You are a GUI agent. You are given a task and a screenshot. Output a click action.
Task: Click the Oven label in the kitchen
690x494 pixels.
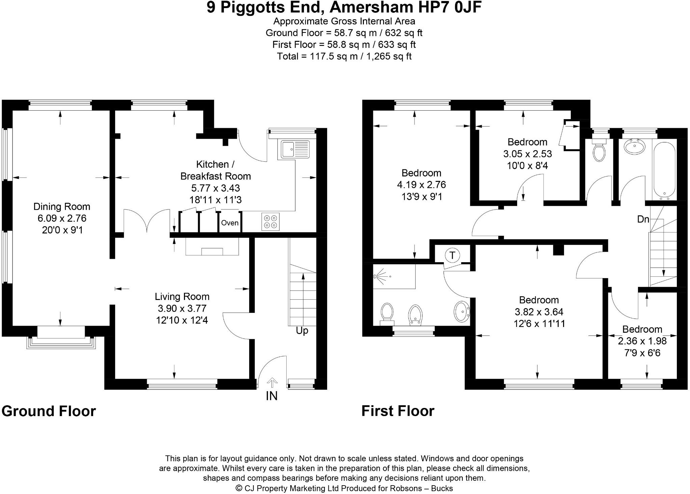point(230,223)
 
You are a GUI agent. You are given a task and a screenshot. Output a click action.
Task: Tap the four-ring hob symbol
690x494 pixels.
point(270,222)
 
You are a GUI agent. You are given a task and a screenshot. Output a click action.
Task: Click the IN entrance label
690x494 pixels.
point(271,396)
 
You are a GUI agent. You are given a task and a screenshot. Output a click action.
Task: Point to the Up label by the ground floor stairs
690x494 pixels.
point(302,331)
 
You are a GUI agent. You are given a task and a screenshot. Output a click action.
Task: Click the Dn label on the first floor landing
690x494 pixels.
point(643,219)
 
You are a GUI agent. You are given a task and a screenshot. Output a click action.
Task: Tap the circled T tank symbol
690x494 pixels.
point(453,255)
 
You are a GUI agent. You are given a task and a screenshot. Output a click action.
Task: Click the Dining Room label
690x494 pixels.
point(62,207)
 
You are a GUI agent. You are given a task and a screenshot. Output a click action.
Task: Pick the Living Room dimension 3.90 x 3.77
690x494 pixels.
point(182,308)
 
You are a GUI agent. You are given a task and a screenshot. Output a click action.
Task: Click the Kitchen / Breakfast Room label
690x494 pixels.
point(215,170)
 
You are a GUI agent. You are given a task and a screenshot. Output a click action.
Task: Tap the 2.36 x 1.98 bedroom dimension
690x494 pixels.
point(642,341)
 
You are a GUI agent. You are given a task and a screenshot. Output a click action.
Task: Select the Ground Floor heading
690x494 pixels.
point(49,411)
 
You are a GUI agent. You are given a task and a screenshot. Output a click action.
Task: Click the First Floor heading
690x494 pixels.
point(398,411)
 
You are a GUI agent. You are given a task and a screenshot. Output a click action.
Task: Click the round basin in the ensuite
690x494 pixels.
point(461,311)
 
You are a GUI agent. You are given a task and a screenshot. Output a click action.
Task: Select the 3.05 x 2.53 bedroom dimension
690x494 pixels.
point(527,154)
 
